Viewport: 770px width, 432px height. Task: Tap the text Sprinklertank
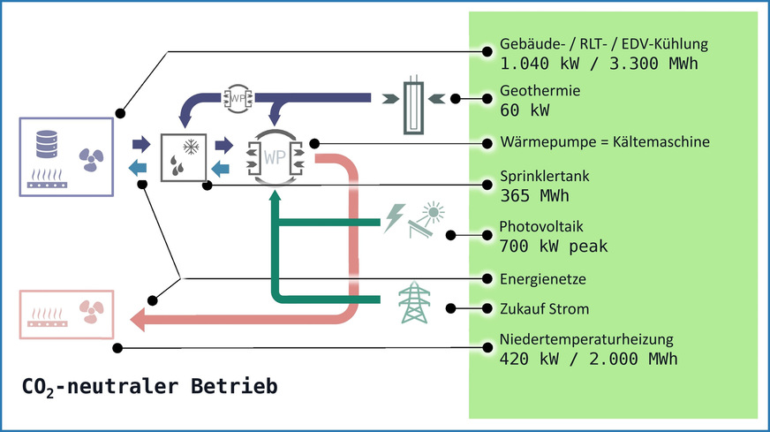point(544,177)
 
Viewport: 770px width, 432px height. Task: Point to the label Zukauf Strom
point(544,308)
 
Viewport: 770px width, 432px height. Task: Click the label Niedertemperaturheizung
point(586,338)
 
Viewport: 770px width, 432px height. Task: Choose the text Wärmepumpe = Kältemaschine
point(605,141)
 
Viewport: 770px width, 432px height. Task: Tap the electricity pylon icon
point(413,303)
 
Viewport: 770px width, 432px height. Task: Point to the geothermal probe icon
point(415,107)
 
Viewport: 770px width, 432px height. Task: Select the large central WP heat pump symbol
point(275,157)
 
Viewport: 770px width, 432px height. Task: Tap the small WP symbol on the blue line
point(238,99)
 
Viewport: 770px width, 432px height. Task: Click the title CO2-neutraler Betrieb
point(149,386)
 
